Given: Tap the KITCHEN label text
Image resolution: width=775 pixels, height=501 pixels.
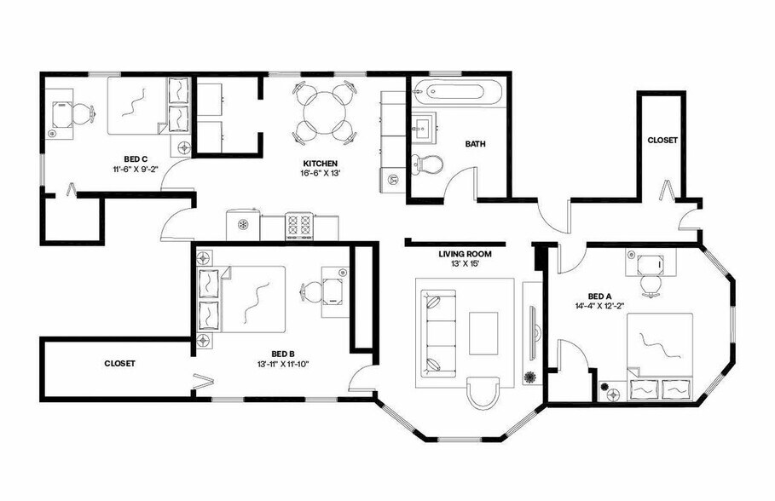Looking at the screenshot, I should pyautogui.click(x=321, y=163).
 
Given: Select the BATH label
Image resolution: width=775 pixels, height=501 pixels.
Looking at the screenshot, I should pyautogui.click(x=475, y=144).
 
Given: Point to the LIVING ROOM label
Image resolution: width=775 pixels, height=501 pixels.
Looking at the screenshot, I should pyautogui.click(x=465, y=253).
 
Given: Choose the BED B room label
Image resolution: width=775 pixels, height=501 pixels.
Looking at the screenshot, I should pyautogui.click(x=283, y=354).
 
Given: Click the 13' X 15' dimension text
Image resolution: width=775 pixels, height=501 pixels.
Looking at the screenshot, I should pyautogui.click(x=465, y=264).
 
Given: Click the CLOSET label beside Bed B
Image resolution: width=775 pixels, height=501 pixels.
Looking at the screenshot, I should pyautogui.click(x=120, y=363).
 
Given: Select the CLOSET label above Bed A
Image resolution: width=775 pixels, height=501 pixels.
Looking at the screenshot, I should pyautogui.click(x=662, y=140).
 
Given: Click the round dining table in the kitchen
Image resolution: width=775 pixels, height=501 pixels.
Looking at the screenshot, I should pyautogui.click(x=324, y=111).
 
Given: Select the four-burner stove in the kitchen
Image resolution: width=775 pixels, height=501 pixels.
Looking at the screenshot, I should pyautogui.click(x=299, y=226).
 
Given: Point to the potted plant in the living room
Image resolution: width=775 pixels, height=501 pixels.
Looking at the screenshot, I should pyautogui.click(x=529, y=377).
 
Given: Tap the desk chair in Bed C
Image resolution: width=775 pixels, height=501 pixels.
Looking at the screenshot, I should pyautogui.click(x=82, y=112).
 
